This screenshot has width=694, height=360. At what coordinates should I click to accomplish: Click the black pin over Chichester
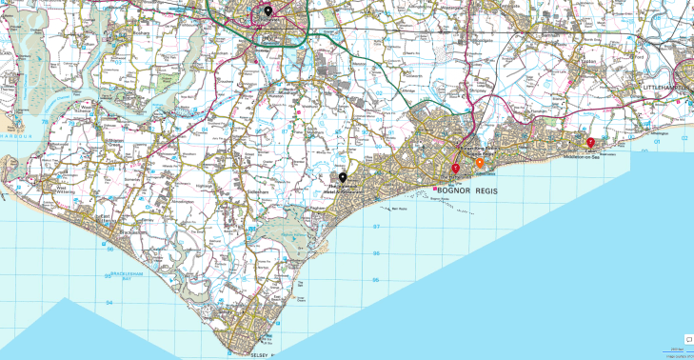coord(268,11)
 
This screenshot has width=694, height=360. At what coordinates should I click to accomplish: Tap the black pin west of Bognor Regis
coord(343,178)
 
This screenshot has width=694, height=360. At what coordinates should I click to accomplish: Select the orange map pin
coord(479,164)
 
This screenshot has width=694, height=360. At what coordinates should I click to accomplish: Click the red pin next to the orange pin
coord(455,169)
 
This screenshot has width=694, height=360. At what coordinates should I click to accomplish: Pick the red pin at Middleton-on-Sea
coord(590,143)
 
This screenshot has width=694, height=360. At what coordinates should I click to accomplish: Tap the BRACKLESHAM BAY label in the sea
coord(125,275)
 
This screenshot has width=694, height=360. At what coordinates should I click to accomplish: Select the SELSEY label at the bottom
coord(258,354)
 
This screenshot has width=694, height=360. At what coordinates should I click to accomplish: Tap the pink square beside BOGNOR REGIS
coord(435,190)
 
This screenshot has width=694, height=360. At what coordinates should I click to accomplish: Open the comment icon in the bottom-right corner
coord(687,338)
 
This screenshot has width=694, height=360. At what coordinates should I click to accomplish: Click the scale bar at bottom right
coord(676,350)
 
